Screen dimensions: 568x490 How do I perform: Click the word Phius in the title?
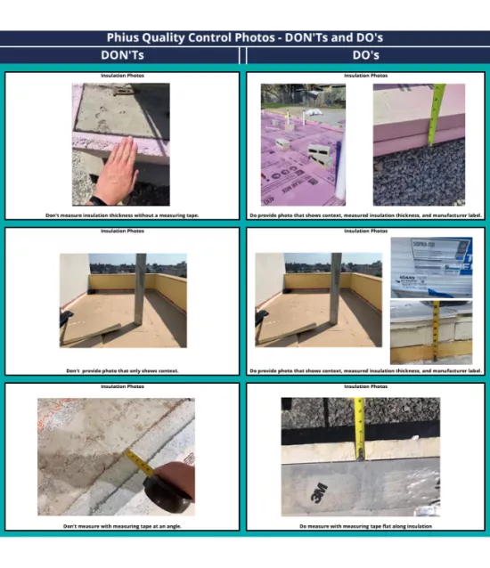tap(125, 38)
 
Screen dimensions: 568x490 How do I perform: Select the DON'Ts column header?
tap(122, 55)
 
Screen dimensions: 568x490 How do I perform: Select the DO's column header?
tap(366, 55)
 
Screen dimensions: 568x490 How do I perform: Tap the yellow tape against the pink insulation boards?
tap(435, 116)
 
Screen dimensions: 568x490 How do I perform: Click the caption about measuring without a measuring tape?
tap(122, 215)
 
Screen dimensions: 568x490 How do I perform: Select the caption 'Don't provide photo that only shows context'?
tap(122, 370)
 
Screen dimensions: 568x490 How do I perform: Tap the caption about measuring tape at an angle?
tap(122, 526)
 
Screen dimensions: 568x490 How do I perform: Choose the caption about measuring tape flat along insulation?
tap(366, 526)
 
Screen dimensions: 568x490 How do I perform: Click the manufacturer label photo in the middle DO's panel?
tap(431, 266)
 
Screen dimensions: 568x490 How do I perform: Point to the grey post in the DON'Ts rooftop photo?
tap(140, 289)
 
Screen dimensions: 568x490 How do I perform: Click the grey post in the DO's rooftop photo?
tap(335, 289)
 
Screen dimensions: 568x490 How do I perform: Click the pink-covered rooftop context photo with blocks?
tap(303, 145)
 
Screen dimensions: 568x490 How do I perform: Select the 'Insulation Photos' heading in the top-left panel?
tap(122, 76)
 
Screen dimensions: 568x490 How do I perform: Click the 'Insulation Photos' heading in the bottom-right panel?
tap(366, 386)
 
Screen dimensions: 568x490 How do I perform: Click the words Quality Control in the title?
tap(193, 38)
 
